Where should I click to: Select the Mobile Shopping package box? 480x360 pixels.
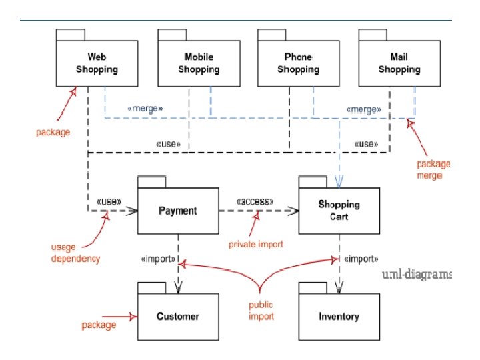(199, 63)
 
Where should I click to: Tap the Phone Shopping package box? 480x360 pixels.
(298, 63)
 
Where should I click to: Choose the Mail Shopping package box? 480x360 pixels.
(399, 63)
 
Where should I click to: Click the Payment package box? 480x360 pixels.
(178, 211)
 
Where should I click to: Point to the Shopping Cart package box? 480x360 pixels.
(339, 211)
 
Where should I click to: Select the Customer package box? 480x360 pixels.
(178, 316)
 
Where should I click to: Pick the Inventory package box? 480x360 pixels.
(339, 316)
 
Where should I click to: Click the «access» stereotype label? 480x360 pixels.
(254, 201)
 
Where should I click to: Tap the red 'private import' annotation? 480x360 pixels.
(256, 244)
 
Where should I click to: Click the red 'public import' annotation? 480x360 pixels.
(261, 311)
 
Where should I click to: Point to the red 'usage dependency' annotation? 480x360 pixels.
(75, 253)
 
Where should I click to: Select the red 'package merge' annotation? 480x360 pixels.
(433, 169)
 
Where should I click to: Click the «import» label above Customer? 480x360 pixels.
(158, 259)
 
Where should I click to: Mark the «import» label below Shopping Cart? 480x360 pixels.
(361, 259)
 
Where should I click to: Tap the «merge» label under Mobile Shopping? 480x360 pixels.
(145, 108)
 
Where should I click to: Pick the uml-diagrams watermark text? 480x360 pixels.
(417, 275)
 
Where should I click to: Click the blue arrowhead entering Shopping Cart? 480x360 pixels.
(339, 181)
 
